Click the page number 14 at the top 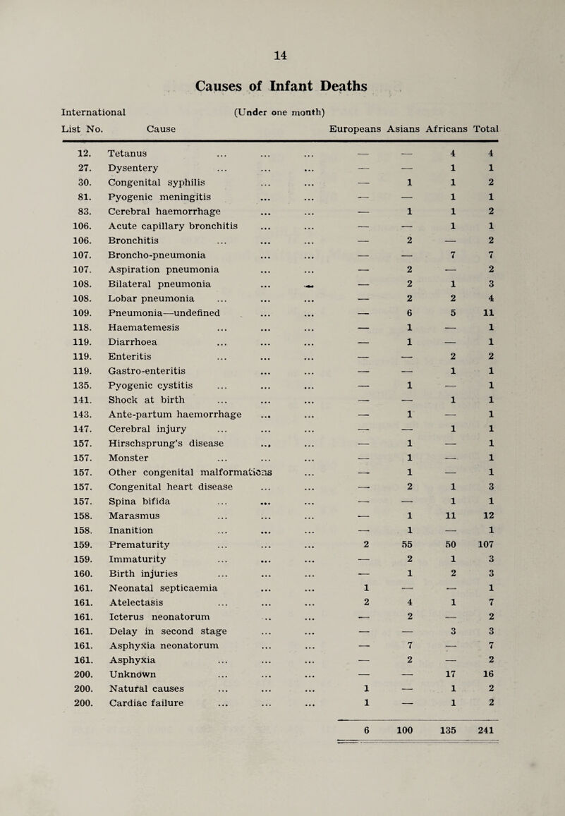coord(282,51)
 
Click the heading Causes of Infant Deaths coord(283,87)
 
